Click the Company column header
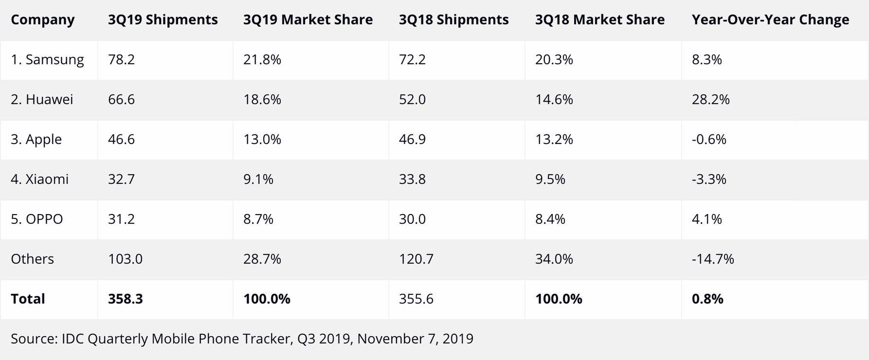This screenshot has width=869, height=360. [42, 20]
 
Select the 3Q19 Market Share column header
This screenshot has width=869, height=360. [308, 20]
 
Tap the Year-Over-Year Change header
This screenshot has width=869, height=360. [770, 20]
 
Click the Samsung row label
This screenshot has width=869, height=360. [47, 60]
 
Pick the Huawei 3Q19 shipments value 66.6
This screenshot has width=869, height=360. [121, 100]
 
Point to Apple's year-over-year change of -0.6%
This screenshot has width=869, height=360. [708, 140]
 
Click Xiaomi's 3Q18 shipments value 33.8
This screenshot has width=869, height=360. [412, 180]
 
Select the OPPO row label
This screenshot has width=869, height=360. [37, 219]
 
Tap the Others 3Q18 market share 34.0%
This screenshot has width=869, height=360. [554, 259]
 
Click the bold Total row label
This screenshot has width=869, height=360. [28, 299]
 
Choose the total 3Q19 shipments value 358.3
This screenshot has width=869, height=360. [125, 299]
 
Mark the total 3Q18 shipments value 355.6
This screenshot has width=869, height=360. [416, 299]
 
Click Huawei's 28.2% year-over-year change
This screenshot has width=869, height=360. [710, 100]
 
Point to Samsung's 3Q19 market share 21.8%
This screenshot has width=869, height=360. [262, 60]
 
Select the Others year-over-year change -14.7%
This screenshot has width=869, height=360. [712, 259]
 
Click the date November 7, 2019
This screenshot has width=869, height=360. [415, 339]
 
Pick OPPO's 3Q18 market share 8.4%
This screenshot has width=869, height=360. [550, 219]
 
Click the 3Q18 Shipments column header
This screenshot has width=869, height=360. [453, 20]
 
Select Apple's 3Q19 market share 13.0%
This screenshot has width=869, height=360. [262, 140]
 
